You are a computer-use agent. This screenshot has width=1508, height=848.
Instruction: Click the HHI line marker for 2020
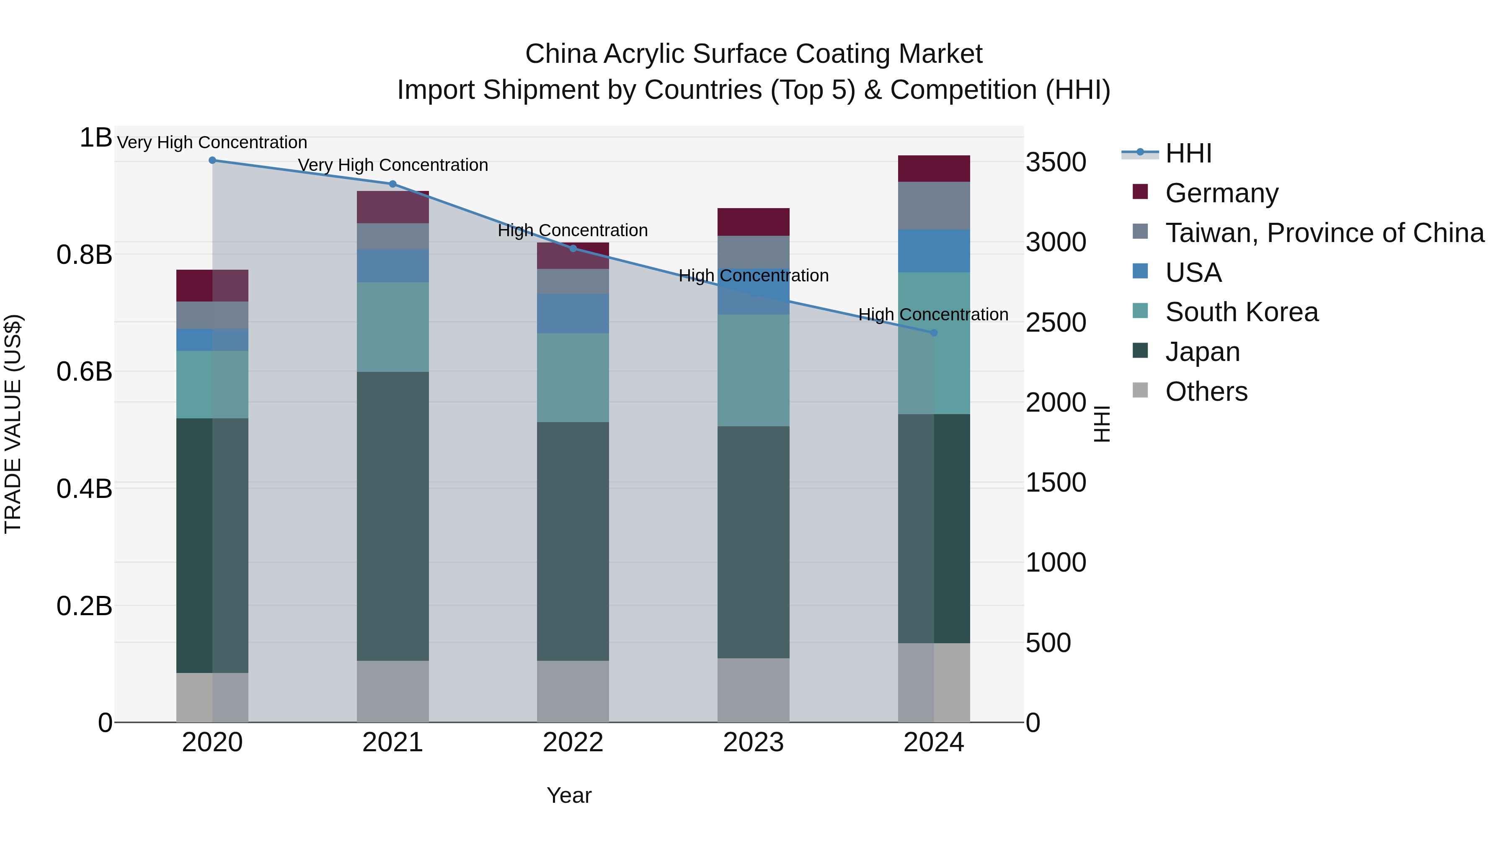coord(212,160)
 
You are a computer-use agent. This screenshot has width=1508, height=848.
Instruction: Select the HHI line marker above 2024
coord(934,332)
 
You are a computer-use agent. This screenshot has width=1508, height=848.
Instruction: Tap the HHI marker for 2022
coord(573,248)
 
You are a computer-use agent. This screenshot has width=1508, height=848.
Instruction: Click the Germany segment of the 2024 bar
coord(934,168)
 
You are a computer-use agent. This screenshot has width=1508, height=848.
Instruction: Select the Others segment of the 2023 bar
coord(754,690)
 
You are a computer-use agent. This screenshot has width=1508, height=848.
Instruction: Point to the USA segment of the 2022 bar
coord(573,314)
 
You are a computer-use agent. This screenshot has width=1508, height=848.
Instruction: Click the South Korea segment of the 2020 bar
coord(212,384)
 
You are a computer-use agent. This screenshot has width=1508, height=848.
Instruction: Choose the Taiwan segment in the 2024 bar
coord(934,206)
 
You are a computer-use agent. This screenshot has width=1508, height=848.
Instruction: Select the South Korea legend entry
coord(1241,312)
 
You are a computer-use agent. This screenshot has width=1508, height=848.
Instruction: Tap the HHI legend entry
coord(1188,153)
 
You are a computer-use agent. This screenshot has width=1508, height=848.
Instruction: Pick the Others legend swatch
coord(1140,390)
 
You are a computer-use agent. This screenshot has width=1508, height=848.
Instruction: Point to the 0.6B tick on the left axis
coord(84,371)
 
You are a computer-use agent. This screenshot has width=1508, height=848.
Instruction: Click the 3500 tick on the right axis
coord(1056,162)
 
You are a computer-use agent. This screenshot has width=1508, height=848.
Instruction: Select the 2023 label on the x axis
coord(754,742)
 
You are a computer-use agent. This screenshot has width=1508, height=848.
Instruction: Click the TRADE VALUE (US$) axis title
coord(13,424)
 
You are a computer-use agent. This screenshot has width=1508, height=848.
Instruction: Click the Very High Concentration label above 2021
coord(393,165)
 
